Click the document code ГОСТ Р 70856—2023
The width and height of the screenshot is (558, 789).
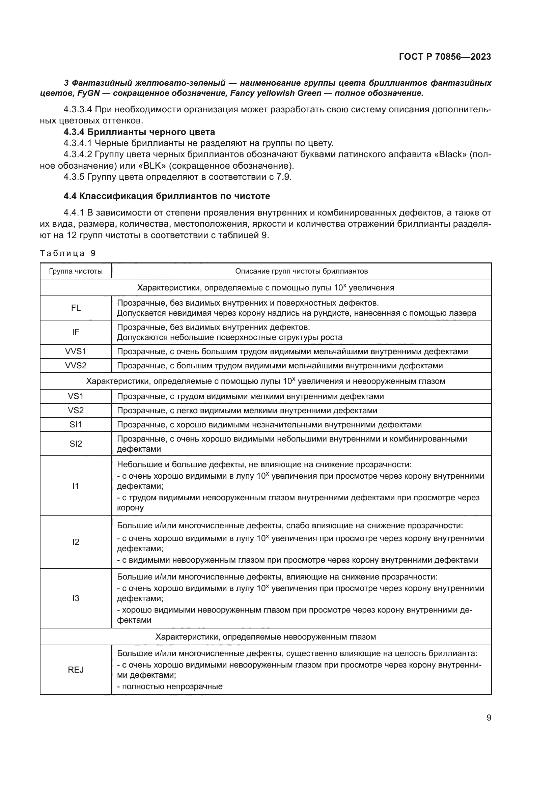[x=445, y=57]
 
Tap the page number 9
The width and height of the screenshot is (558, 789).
[x=489, y=717]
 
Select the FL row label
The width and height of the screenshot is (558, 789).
[x=76, y=308]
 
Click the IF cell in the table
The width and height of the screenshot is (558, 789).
[x=76, y=332]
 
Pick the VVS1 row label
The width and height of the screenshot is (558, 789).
[x=76, y=351]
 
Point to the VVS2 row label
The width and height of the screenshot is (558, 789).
[x=76, y=365]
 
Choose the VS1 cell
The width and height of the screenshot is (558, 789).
[x=76, y=396]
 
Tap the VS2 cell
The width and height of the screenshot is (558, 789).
[x=76, y=410]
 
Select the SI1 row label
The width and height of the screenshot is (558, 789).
[x=76, y=424]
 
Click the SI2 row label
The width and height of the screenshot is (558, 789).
[x=76, y=444]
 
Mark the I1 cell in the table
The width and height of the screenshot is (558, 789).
[x=76, y=485]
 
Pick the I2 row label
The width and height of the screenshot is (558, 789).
[x=76, y=542]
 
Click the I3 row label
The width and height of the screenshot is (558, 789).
[x=76, y=598]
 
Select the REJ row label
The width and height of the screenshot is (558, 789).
[x=76, y=670]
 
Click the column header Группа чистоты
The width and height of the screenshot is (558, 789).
[x=76, y=271]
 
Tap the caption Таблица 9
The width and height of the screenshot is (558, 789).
[x=68, y=253]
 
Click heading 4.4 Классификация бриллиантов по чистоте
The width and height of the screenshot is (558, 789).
[x=167, y=196]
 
